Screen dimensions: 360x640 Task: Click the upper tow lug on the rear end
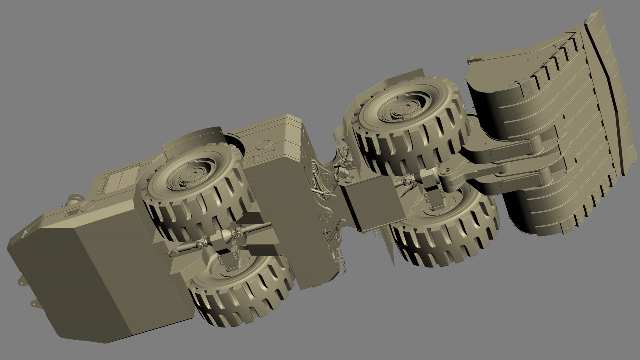point(21,282)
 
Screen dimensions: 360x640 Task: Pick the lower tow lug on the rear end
point(33,303)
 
